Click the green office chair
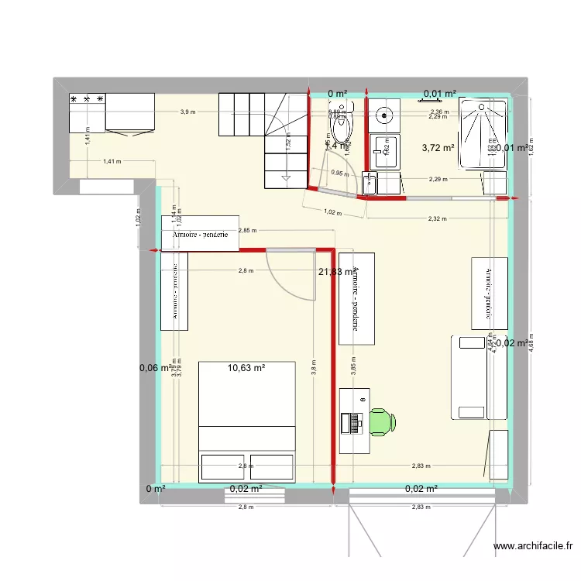(383, 422)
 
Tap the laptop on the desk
(356, 423)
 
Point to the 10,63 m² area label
(247, 368)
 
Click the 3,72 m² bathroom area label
(438, 147)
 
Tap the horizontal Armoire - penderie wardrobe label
(200, 236)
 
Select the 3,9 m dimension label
(187, 112)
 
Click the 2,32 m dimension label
(437, 219)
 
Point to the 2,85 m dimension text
(249, 230)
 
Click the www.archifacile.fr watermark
(535, 546)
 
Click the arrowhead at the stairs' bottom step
(287, 180)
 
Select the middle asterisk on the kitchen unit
(88, 100)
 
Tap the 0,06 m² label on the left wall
(155, 368)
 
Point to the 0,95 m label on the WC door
(338, 173)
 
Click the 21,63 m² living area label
(337, 271)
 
